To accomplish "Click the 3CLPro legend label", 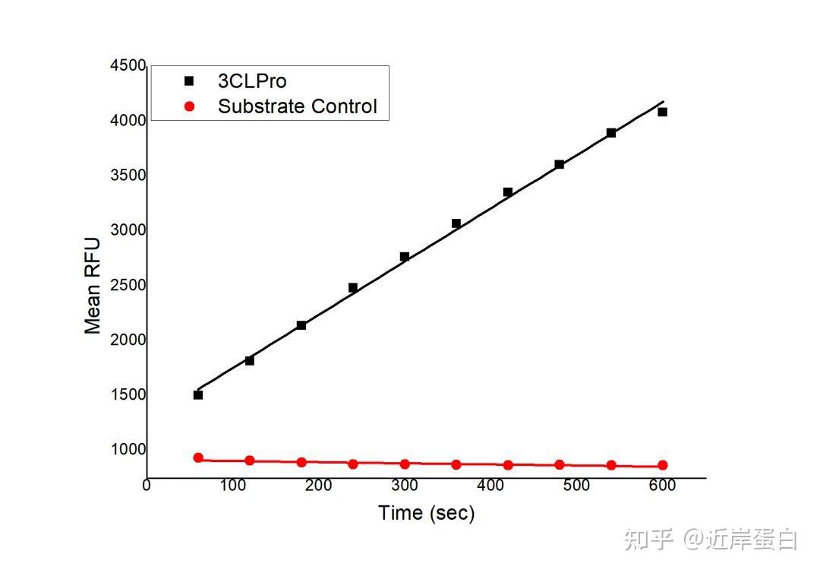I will point(252,81).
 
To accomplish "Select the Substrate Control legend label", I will point(297,106).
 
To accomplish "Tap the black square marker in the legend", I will point(189,81).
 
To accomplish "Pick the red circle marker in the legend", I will point(189,106).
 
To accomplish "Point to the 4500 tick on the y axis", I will point(128,66).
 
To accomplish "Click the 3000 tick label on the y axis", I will point(128,230).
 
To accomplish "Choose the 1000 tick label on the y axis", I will point(128,449).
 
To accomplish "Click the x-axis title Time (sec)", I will point(426,513).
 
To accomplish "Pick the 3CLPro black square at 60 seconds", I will point(198,394).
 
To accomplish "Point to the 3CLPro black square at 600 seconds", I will point(662,112).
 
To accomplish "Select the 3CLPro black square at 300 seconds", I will point(405,257).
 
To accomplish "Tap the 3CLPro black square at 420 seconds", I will point(508,192).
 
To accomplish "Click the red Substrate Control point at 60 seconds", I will point(198,457).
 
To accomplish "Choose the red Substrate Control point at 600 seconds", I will point(662,465).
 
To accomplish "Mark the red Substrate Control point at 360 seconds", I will point(456,464).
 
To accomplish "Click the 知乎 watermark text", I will point(649,540).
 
